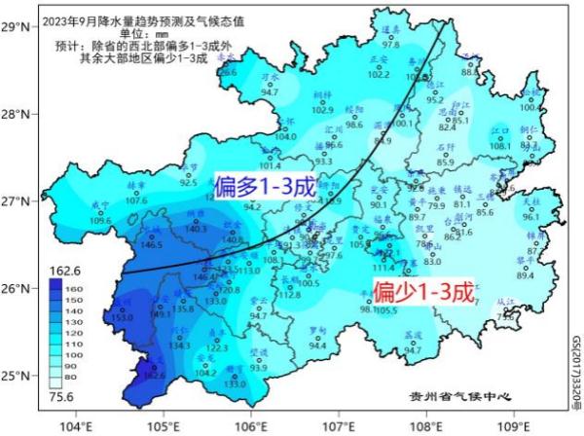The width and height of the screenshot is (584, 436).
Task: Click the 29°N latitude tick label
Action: click(16, 28)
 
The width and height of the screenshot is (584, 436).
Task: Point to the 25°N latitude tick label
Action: click(16, 376)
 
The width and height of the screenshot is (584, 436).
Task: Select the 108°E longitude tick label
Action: click(425, 424)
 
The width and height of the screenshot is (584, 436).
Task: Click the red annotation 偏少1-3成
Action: click(423, 291)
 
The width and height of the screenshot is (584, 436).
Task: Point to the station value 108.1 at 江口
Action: click(499, 146)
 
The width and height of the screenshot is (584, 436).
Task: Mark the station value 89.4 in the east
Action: click(526, 274)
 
